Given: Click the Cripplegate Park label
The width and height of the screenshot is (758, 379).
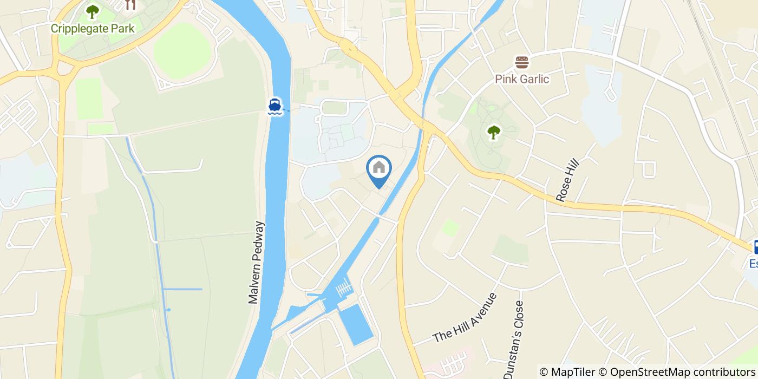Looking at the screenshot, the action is pyautogui.click(x=93, y=28).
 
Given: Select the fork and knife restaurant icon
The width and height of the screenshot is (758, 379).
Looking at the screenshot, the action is pyautogui.click(x=129, y=5).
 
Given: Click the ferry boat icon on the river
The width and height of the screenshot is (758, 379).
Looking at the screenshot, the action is pyautogui.click(x=275, y=106).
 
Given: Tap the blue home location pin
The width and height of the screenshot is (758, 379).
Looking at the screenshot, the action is pyautogui.click(x=379, y=169).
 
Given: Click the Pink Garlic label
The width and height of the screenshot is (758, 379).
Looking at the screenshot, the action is pyautogui.click(x=522, y=79).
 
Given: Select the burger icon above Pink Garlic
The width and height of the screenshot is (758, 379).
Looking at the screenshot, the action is pyautogui.click(x=522, y=62).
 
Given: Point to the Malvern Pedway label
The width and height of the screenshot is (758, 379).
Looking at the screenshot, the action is pyautogui.click(x=255, y=262).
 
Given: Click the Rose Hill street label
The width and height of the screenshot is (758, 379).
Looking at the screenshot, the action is pyautogui.click(x=567, y=181).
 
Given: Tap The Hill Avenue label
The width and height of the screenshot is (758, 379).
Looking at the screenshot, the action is pyautogui.click(x=465, y=318).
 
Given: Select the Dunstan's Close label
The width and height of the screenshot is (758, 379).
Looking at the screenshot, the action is pyautogui.click(x=514, y=339).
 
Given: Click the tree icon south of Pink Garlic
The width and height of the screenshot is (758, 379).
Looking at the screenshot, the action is pyautogui.click(x=493, y=132).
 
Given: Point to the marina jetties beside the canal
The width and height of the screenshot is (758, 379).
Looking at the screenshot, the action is pyautogui.click(x=343, y=289).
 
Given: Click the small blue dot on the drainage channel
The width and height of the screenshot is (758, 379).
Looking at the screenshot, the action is pyautogui.click(x=168, y=310).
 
